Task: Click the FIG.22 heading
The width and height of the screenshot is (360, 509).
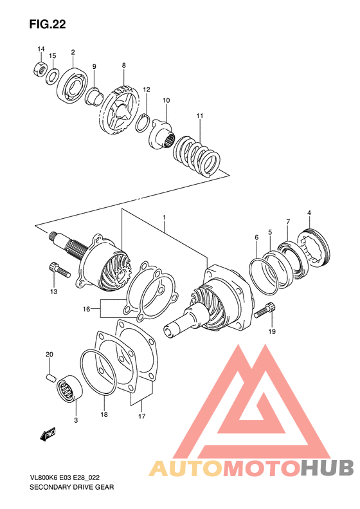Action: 48,24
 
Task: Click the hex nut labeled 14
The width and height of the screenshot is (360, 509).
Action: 39,67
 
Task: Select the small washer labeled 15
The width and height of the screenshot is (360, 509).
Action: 53,76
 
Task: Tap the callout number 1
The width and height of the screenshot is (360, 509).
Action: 165,219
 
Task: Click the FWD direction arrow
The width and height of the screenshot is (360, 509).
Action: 49,436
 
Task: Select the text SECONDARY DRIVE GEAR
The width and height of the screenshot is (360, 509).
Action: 62,488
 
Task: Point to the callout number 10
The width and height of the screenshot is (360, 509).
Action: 166,100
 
